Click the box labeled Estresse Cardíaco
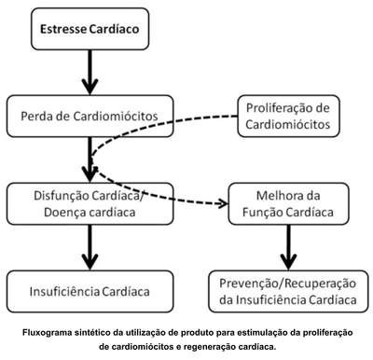(x=90, y=29)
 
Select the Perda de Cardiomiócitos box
(x=90, y=117)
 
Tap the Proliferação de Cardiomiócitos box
(x=288, y=117)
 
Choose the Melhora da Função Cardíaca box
(x=288, y=204)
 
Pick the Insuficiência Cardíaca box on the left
(x=90, y=291)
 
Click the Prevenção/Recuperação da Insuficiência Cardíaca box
(x=288, y=291)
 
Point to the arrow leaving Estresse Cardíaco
(x=90, y=72)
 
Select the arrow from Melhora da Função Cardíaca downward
(x=288, y=247)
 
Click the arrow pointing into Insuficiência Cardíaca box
(x=90, y=247)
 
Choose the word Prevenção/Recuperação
(x=288, y=284)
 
